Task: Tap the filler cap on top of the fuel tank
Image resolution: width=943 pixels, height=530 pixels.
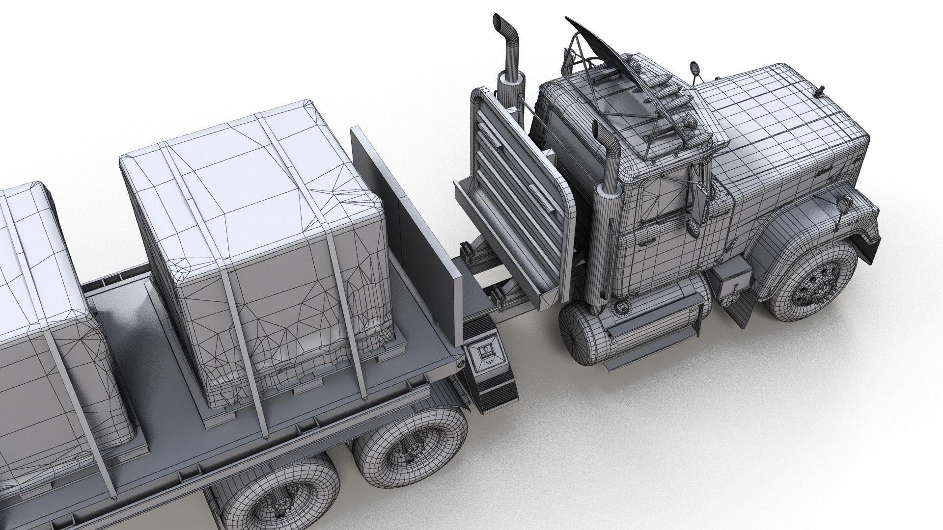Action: pyautogui.click(x=624, y=307)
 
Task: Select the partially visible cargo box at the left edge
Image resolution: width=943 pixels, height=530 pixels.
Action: pyautogui.click(x=39, y=304)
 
